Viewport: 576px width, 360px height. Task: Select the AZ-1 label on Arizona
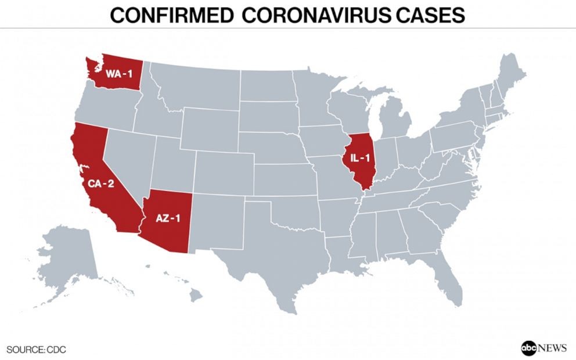point(169,218)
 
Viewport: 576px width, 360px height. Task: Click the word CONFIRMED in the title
point(171,15)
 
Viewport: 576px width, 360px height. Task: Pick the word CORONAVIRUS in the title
point(315,15)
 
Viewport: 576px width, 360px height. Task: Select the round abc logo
point(529,348)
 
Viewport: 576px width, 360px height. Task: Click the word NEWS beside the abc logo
point(552,348)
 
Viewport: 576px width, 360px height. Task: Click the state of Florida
point(447,279)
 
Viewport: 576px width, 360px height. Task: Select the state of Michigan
point(401,122)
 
